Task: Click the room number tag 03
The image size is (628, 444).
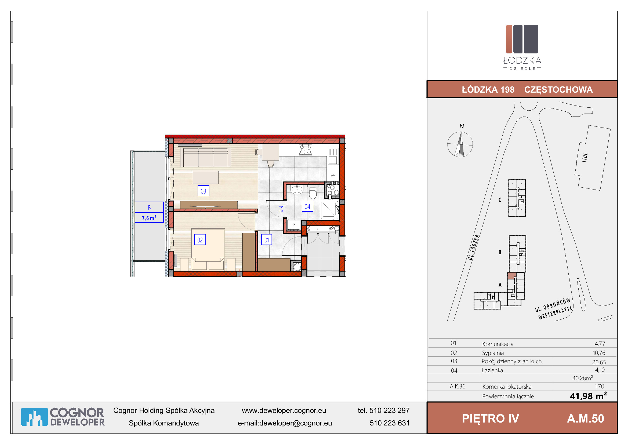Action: pos(203,191)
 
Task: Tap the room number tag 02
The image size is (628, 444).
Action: pos(200,240)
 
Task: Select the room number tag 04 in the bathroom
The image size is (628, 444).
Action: pos(307,206)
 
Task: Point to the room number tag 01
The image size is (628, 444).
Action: pos(266,240)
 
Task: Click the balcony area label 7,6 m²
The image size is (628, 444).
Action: pos(149,218)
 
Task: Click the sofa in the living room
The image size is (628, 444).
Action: pos(205,157)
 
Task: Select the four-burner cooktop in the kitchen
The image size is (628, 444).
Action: pos(306,150)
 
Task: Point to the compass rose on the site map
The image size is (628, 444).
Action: pos(460,144)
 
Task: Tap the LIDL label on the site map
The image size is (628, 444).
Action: pos(585,158)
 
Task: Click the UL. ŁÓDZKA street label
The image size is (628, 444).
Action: pos(473,247)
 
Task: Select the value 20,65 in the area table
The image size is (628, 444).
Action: pos(599,362)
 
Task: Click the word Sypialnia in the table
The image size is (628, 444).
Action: pos(493,353)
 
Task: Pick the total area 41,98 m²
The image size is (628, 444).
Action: pos(588,396)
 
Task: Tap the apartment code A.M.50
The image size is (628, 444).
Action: pos(586,418)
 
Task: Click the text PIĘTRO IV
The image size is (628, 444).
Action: pos(491,418)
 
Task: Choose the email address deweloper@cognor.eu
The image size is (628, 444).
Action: pos(296,423)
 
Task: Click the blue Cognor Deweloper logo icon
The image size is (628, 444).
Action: pos(34,417)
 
